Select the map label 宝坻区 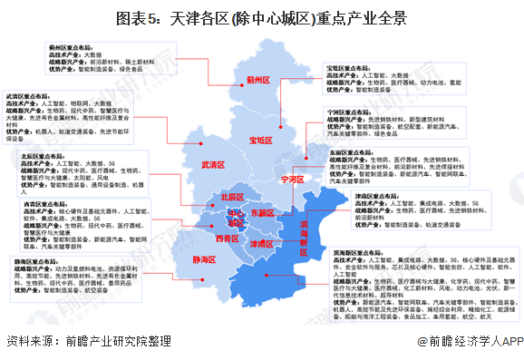pos(259,140)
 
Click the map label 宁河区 pos(295,179)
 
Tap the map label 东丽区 pos(261,213)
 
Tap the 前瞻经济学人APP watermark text pos(471,342)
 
